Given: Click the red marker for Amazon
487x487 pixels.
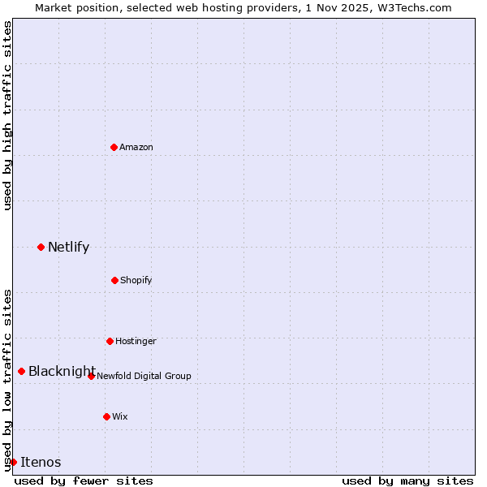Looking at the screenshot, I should [x=114, y=147].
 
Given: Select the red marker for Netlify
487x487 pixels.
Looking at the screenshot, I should [x=41, y=247].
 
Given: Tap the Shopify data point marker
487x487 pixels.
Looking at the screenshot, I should [x=114, y=280].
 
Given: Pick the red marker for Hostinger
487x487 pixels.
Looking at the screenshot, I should [x=110, y=341].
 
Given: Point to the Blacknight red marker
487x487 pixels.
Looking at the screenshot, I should [x=21, y=371].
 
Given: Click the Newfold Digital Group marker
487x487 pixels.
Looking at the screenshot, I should [x=91, y=376].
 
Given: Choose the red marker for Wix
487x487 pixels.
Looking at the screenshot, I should [x=106, y=416].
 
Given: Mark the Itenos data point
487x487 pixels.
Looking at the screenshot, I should [x=13, y=462].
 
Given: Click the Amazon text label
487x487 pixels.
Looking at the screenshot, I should [x=136, y=147].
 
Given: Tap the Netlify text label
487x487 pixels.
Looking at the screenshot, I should [x=68, y=247].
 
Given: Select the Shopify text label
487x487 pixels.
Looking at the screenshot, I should [x=136, y=280].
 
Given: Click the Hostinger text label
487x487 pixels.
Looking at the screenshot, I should [x=136, y=341].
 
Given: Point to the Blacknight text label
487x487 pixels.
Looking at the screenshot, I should [x=62, y=371].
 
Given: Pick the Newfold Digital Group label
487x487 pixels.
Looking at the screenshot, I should [x=144, y=376].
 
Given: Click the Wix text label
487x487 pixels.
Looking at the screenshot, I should [x=120, y=416].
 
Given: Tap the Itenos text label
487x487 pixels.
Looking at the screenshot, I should [x=41, y=462].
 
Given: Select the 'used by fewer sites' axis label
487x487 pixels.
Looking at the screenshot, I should [x=84, y=481].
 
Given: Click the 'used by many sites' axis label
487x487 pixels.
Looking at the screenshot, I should [x=407, y=481].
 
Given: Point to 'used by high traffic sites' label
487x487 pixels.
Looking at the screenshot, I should [x=7, y=115].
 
